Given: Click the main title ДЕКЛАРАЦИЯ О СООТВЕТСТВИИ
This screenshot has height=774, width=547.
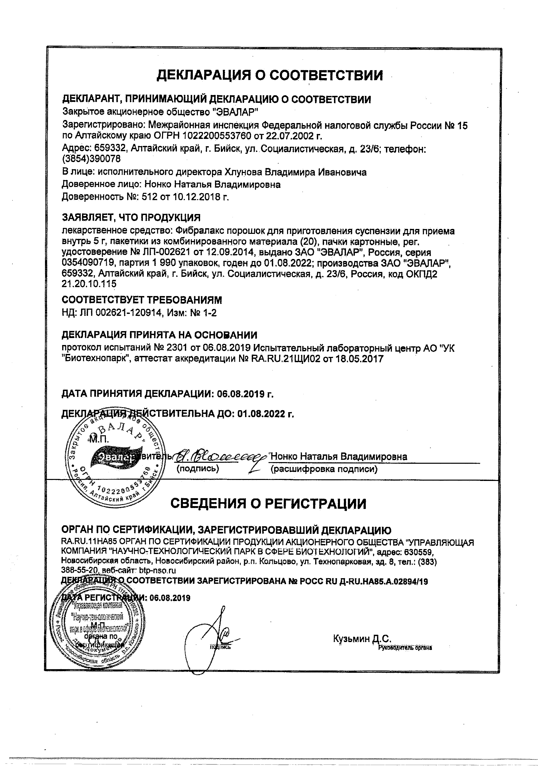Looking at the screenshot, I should pyautogui.click(x=270, y=75).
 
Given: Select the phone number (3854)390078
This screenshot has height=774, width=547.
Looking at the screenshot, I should pyautogui.click(x=91, y=158).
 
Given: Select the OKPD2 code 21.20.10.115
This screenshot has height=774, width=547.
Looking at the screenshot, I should pyautogui.click(x=89, y=284).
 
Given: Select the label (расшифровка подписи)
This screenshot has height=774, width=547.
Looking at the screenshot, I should pyautogui.click(x=323, y=469).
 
